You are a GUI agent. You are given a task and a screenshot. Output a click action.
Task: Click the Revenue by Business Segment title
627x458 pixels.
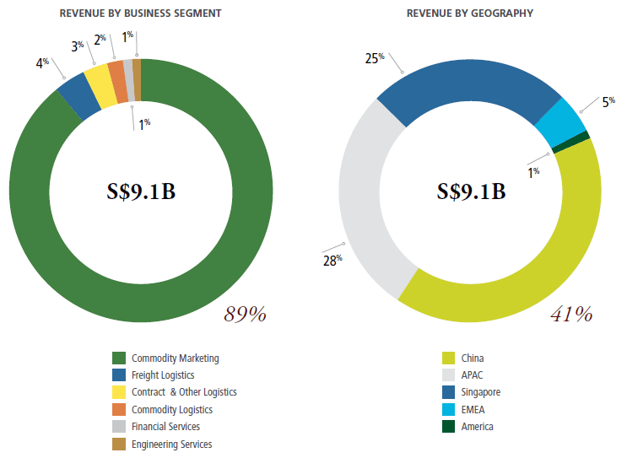point(141,13)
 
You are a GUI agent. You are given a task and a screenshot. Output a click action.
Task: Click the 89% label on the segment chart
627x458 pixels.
point(245,315)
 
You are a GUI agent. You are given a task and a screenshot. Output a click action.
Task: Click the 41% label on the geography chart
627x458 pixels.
point(570,315)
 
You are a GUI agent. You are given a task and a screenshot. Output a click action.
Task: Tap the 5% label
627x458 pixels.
point(608,101)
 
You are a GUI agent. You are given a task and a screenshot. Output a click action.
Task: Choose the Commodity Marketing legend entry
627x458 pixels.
point(175,358)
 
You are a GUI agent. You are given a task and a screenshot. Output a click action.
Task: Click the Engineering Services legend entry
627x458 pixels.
point(171,444)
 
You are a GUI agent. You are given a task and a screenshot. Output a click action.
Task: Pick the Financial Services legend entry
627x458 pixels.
point(165,427)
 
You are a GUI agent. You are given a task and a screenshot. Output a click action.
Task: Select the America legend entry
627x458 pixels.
point(478,427)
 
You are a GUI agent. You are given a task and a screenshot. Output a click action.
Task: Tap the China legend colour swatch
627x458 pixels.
point(447,358)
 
